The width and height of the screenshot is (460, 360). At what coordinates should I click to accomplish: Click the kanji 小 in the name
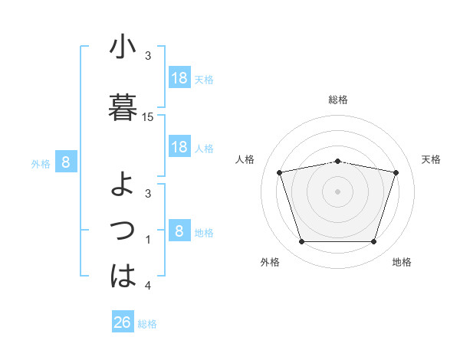123,47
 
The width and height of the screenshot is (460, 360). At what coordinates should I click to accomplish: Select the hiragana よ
123,185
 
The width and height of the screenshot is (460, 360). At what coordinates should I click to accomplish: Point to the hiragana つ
123,230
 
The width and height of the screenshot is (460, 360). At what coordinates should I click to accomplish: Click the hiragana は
123,275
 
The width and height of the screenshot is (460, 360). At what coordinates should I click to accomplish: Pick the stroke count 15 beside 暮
148,117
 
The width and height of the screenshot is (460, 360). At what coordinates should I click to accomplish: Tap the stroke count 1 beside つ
148,240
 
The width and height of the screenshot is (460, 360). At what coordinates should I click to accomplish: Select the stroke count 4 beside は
148,286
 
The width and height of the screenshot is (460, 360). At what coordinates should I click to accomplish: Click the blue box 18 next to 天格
179,78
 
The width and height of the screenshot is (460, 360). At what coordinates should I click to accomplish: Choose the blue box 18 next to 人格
179,147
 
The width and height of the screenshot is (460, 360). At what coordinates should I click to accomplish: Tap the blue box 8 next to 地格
179,231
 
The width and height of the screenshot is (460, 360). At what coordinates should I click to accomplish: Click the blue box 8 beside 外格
66,162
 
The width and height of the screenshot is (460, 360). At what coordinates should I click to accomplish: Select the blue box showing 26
123,322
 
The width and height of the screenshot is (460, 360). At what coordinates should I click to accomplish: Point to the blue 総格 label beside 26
147,324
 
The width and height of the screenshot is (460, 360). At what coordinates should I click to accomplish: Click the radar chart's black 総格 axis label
337,100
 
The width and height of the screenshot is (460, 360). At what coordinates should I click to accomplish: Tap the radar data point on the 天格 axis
396,172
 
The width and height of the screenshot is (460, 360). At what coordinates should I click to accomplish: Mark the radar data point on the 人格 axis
280,172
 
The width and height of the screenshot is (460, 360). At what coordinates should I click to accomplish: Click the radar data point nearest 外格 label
301,242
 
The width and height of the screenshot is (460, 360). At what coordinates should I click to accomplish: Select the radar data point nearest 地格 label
373,242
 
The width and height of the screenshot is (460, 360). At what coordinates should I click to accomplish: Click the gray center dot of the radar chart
337,191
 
